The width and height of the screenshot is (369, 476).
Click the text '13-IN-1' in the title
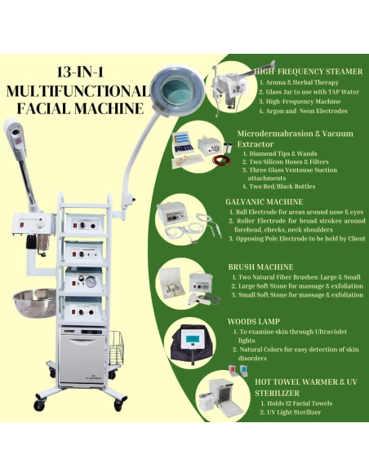click(x=79, y=73)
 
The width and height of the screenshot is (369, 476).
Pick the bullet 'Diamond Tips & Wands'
click(x=278, y=152)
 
